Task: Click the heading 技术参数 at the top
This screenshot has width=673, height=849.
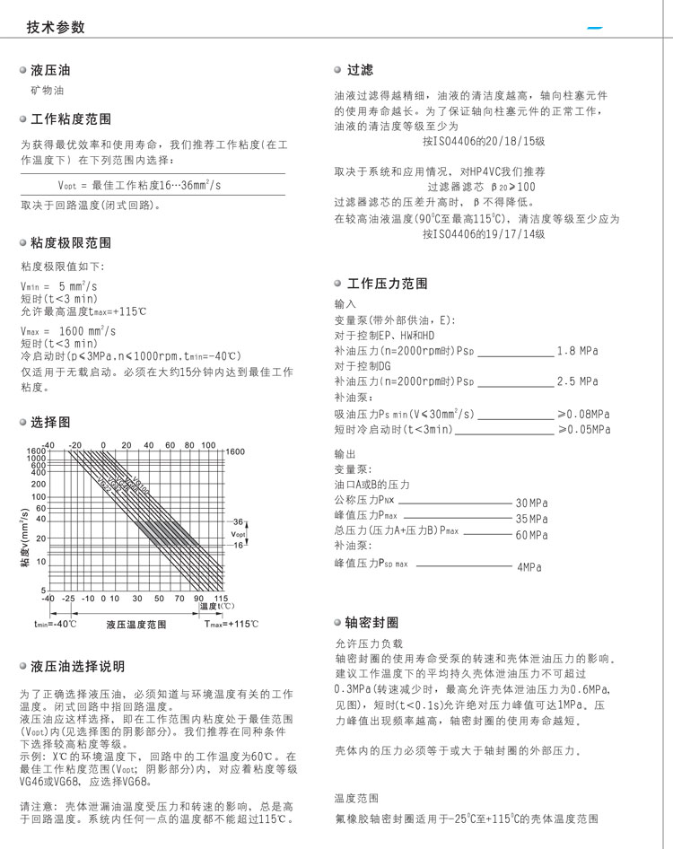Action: pyautogui.click(x=56, y=27)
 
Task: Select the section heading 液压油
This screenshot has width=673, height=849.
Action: pyautogui.click(x=49, y=70)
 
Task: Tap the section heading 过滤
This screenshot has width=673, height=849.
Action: pyautogui.click(x=360, y=70)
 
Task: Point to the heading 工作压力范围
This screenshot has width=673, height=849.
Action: pyautogui.click(x=387, y=284)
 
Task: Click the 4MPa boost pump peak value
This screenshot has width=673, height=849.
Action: pyautogui.click(x=530, y=567)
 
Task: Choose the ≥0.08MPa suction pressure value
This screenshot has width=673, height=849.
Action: pyautogui.click(x=583, y=414)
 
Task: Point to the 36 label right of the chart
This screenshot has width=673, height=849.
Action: pyautogui.click(x=238, y=521)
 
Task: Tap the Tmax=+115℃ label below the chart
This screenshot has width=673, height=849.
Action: pyautogui.click(x=231, y=624)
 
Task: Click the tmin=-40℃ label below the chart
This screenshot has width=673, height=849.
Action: pyautogui.click(x=56, y=624)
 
